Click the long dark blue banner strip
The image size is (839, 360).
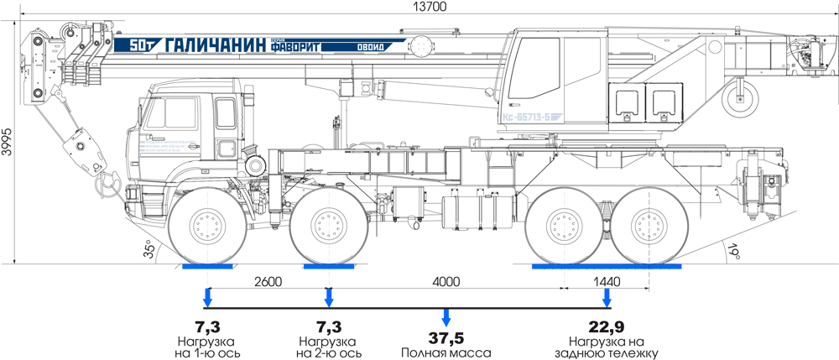coord(252,45)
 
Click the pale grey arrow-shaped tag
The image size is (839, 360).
coord(530,113)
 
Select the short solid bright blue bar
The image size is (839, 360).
coord(331,271)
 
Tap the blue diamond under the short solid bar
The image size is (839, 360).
coord(329,298)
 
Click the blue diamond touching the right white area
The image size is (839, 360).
coord(604,297)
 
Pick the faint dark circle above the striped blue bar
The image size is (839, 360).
coord(142,248)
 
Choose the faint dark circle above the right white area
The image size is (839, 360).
coord(738,250)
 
